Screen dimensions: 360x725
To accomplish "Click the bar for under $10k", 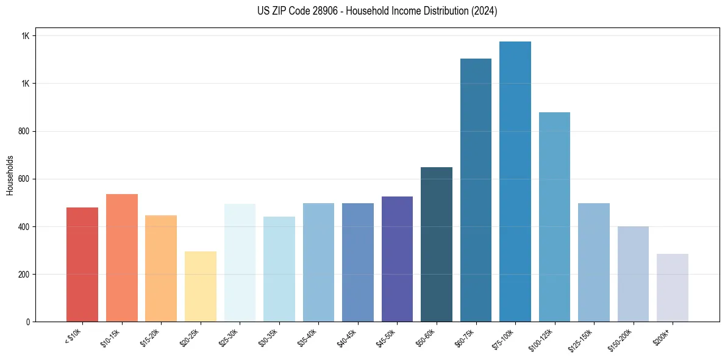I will (82, 264).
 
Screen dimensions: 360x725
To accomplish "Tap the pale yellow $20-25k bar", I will (200, 286).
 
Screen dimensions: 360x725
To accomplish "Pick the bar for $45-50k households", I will (397, 259).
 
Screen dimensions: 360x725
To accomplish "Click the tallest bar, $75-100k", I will (515, 181).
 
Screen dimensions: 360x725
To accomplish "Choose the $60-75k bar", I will (476, 190).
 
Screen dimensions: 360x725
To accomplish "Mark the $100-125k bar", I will (554, 217).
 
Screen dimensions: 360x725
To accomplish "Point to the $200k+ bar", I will (673, 287).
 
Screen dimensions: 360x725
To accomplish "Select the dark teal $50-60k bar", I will (437, 244).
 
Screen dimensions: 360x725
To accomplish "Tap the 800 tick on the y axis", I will (24, 131).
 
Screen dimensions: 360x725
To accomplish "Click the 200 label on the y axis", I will (24, 275).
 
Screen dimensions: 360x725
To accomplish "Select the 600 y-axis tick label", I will (24, 179).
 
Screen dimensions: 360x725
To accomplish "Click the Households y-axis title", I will (10, 175).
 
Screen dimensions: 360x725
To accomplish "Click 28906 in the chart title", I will (323, 11).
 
